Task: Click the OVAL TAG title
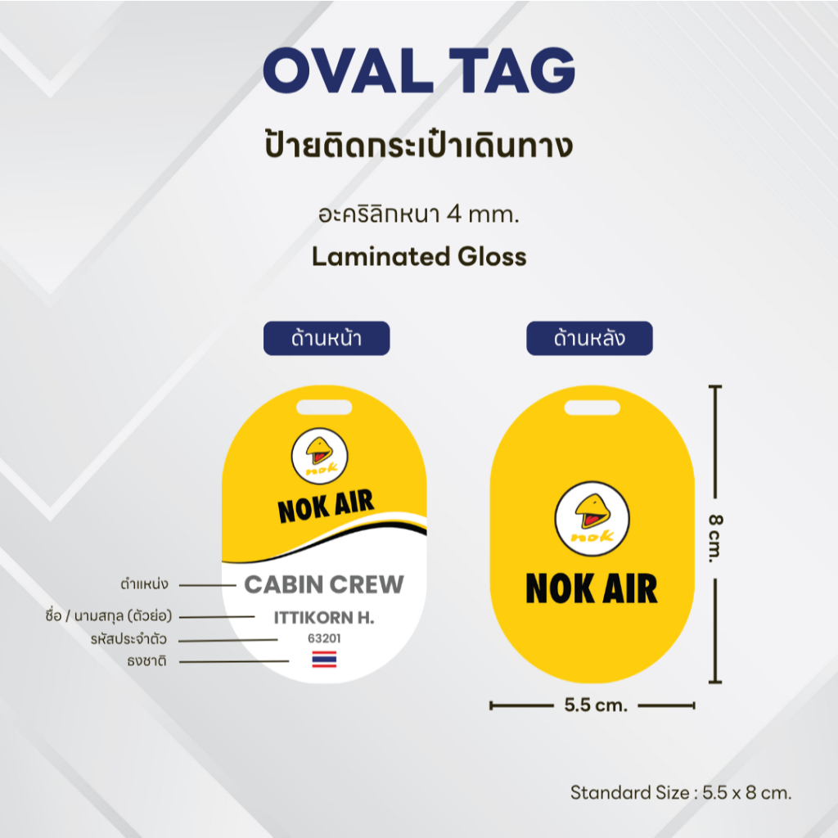[419, 70]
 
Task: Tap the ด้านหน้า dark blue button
[327, 338]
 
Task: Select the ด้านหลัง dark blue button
[589, 338]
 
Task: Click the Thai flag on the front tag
[324, 659]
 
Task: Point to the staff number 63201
[324, 638]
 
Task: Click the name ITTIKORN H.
[324, 618]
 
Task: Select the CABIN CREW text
[324, 584]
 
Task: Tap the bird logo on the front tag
[320, 456]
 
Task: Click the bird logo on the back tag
[592, 518]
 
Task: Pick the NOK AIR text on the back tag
[592, 588]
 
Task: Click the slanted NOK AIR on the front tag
[326, 506]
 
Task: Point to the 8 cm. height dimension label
[715, 538]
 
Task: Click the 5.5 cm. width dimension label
[596, 705]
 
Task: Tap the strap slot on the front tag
[324, 408]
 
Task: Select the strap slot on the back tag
[592, 408]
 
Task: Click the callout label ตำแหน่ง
[144, 584]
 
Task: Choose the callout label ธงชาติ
[147, 661]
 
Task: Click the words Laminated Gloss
[419, 256]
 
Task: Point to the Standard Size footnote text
[681, 792]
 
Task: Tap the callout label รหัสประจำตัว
[128, 638]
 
